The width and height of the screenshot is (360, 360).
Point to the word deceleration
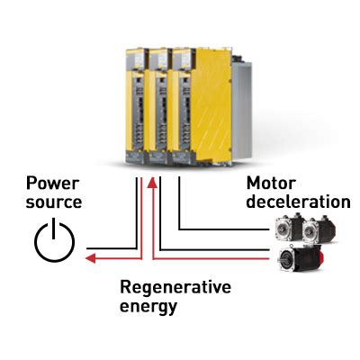[x=297, y=202]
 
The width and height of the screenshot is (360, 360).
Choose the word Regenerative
[x=175, y=288]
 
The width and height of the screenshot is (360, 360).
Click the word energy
[x=148, y=307]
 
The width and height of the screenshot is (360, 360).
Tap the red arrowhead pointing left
[x=84, y=258]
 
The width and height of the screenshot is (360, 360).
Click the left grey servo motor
[x=289, y=229]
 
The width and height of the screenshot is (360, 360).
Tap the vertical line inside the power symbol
[x=55, y=229]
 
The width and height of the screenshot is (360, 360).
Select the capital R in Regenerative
[x=125, y=287]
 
